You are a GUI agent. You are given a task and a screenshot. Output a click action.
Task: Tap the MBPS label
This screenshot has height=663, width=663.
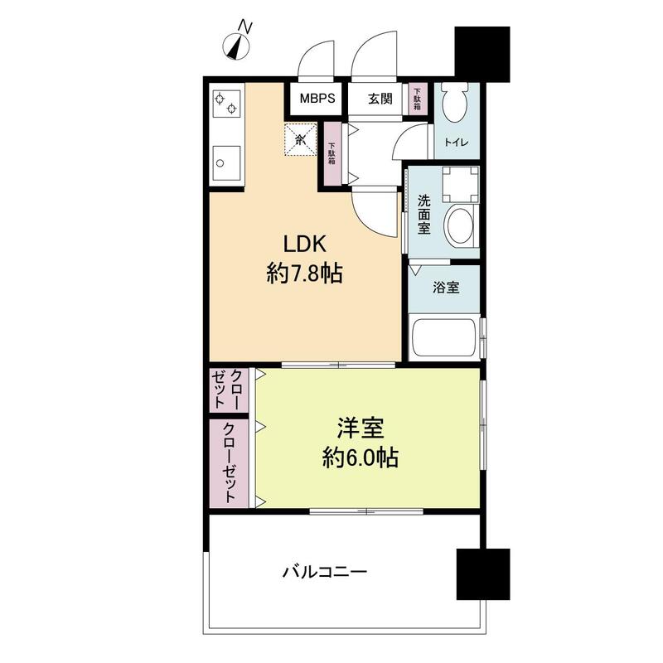pos(317,99)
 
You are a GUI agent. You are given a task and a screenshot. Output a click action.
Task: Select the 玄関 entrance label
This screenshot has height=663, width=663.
pos(380,99)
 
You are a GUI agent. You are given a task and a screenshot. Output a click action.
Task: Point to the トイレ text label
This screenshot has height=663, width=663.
pos(456,143)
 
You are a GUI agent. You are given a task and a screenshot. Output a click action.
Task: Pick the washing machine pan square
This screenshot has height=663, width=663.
pos(459,184)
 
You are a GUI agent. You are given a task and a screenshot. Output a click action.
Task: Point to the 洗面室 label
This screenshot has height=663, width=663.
pos(423,214)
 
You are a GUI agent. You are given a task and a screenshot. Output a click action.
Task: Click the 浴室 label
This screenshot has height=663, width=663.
pos(447,288)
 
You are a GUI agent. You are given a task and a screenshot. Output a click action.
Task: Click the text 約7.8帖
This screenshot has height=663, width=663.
pos(305,273)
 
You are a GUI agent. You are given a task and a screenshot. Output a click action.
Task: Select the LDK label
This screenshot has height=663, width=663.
pos(306,244)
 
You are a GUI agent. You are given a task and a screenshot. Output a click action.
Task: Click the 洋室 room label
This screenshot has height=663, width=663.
pos(360,429)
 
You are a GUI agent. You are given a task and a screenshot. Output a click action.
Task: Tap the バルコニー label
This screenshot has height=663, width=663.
pos(324,571)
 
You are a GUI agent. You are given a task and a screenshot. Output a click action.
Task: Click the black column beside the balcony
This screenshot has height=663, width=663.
pos(482,573)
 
